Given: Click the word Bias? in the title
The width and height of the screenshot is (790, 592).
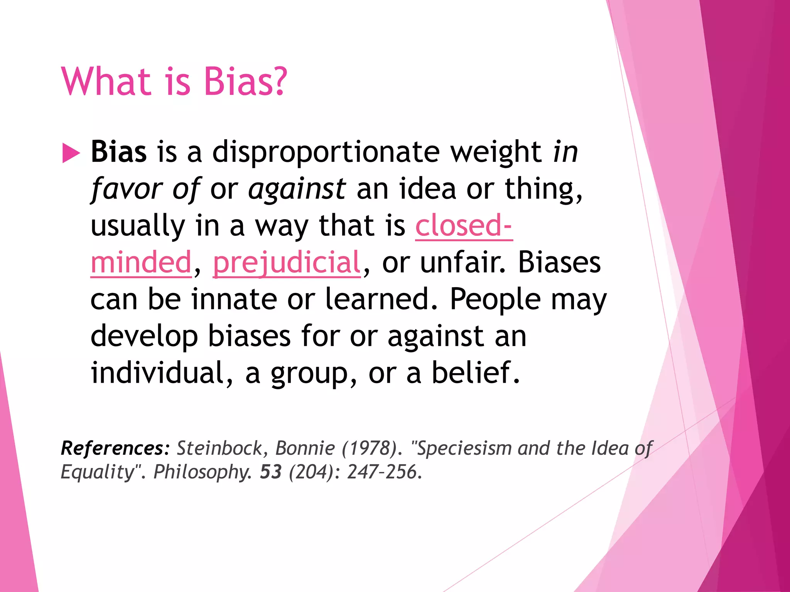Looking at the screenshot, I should tap(245, 81).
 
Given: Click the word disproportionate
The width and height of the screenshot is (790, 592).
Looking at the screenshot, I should tap(326, 152).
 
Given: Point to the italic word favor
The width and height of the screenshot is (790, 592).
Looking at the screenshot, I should tap(126, 189).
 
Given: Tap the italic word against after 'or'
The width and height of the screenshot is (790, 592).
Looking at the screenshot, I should tap(297, 189).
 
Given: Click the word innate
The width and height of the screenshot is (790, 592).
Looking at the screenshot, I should tap(234, 299).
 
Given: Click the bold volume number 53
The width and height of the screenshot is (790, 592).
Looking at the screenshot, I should tap(271, 472).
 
